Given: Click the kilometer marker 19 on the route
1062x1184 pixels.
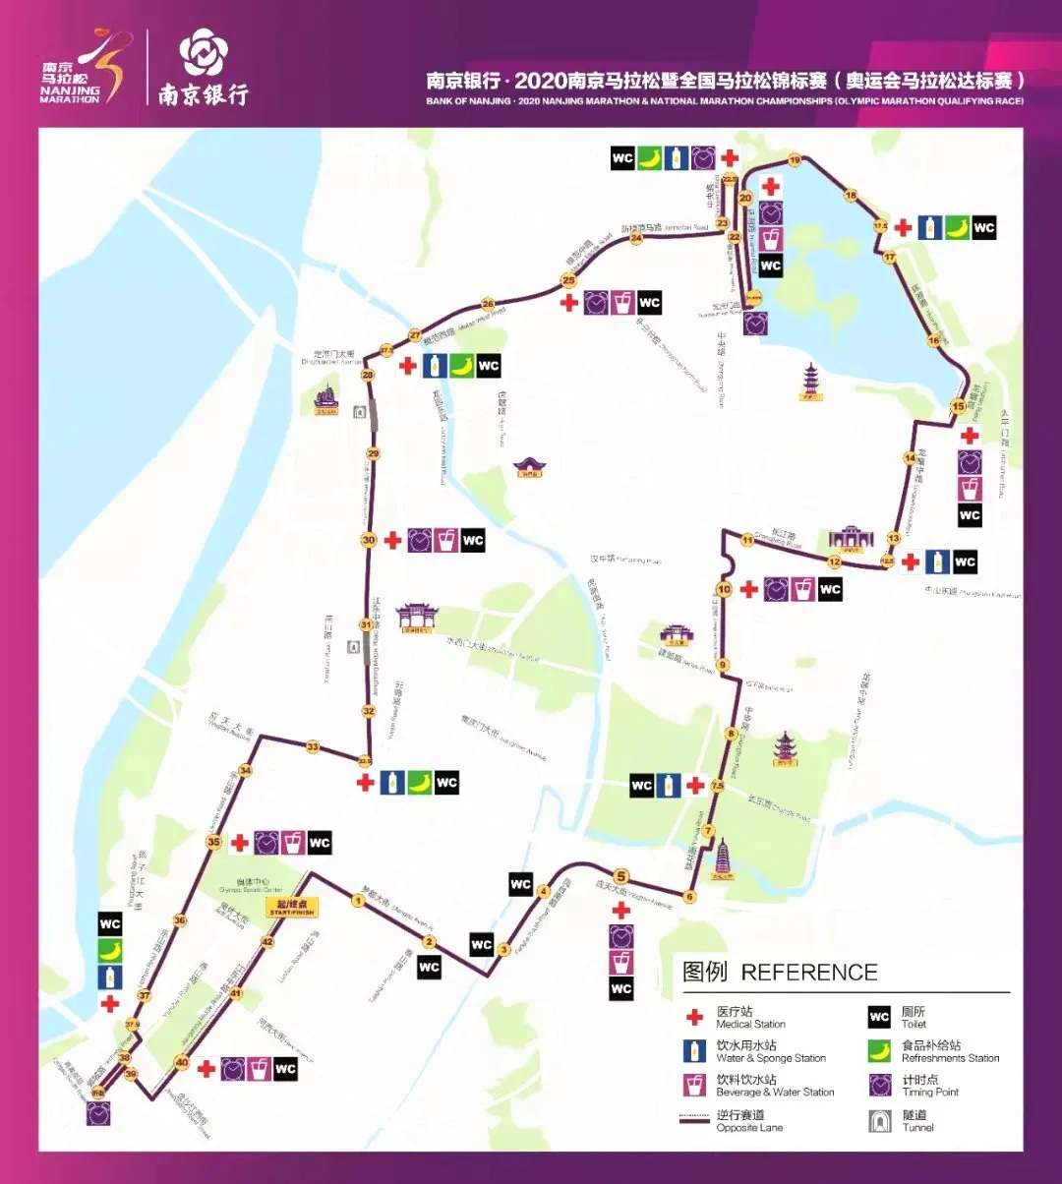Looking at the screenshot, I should pyautogui.click(x=795, y=160).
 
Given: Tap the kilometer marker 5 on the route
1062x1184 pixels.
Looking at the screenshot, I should pyautogui.click(x=620, y=875).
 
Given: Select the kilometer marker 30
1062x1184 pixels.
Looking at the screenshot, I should pyautogui.click(x=369, y=540).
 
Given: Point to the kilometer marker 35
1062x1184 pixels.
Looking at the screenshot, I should pyautogui.click(x=213, y=842).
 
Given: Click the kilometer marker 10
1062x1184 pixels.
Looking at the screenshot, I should pyautogui.click(x=725, y=590).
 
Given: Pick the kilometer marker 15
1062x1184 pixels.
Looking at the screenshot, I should pyautogui.click(x=958, y=407).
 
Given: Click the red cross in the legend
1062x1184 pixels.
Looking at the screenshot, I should pyautogui.click(x=695, y=1017).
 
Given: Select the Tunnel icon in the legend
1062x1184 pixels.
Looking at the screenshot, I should pyautogui.click(x=879, y=1120).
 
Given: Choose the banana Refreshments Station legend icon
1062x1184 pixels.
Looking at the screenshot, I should pyautogui.click(x=879, y=1051).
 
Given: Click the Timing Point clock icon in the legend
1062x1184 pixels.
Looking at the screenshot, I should pyautogui.click(x=879, y=1085).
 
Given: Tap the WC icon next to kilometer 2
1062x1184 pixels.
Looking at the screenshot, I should pyautogui.click(x=429, y=967).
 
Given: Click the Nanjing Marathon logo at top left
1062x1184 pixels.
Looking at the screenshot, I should pyautogui.click(x=84, y=69).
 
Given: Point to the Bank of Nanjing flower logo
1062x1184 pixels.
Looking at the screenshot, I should pyautogui.click(x=203, y=52).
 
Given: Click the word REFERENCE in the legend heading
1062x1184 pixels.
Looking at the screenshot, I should pyautogui.click(x=808, y=973).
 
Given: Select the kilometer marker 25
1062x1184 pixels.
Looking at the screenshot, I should pyautogui.click(x=567, y=280).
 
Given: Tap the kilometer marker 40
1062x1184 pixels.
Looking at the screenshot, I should pyautogui.click(x=181, y=1062).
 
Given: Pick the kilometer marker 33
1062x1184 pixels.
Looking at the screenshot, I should pyautogui.click(x=313, y=747).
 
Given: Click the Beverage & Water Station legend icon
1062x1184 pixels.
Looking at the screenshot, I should pyautogui.click(x=695, y=1085).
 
